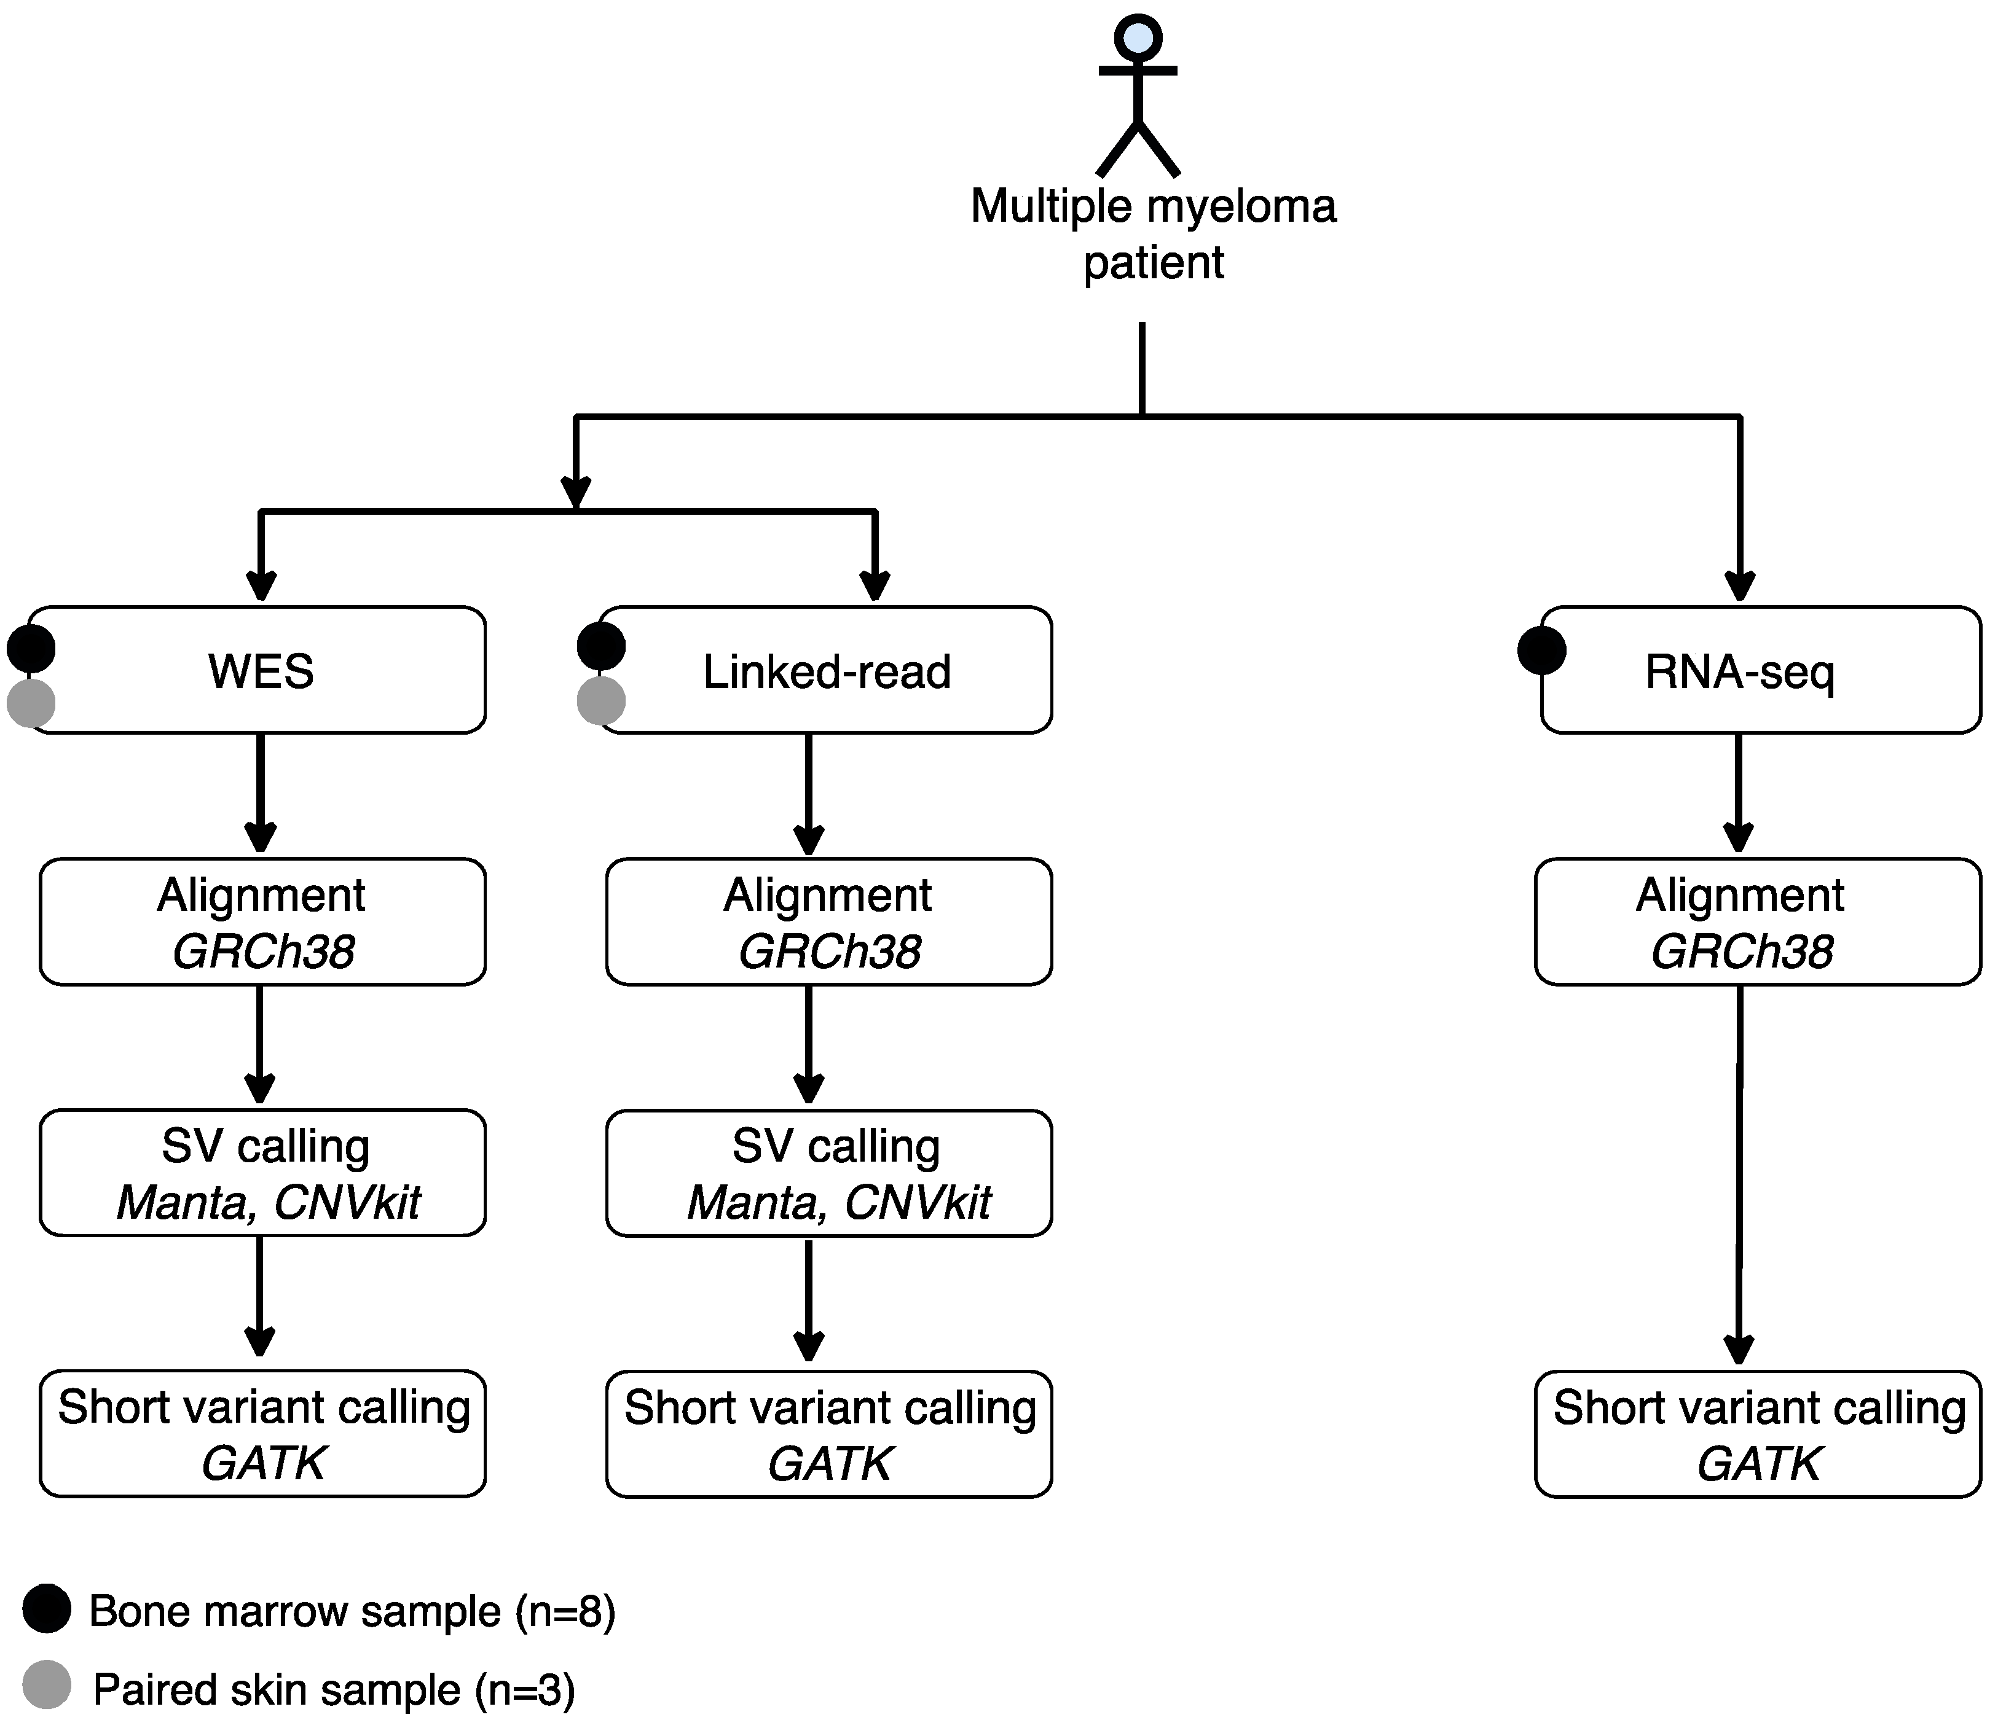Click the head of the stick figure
(x=1138, y=39)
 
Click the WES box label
(x=261, y=671)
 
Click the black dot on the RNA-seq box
(x=1541, y=650)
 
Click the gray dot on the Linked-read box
(x=601, y=700)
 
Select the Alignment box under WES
(x=262, y=921)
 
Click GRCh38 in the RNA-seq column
(x=1741, y=952)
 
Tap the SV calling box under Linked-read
(x=828, y=1173)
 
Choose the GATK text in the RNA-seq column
(x=1759, y=1463)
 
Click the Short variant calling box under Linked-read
(x=828, y=1434)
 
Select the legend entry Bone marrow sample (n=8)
(x=352, y=1611)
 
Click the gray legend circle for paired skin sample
(x=47, y=1684)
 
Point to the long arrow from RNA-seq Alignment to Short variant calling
(x=1739, y=1172)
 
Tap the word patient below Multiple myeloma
(x=1153, y=262)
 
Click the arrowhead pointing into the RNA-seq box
(x=1740, y=585)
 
